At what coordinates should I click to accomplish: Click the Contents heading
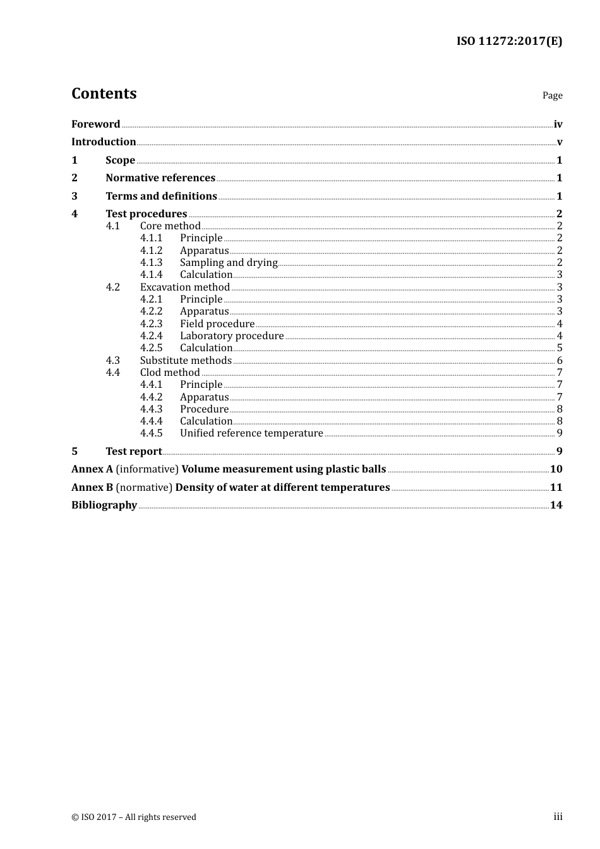click(104, 93)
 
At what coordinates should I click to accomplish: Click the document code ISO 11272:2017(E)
click(509, 41)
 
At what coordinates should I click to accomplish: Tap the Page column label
click(552, 95)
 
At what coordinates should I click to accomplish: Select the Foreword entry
click(95, 124)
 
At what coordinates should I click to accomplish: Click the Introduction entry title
click(104, 141)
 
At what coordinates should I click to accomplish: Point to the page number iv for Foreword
click(558, 124)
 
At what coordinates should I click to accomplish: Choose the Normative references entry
click(160, 178)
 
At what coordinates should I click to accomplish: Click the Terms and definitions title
click(161, 196)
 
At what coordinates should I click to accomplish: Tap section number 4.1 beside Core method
click(112, 226)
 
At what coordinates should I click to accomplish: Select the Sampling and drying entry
click(229, 262)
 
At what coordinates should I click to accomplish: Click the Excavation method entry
click(184, 287)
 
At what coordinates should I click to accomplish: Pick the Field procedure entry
click(217, 323)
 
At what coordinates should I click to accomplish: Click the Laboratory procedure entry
click(232, 335)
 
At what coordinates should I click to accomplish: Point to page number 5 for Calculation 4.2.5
click(560, 348)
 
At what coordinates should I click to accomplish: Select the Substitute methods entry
click(186, 360)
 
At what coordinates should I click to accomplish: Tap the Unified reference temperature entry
click(251, 433)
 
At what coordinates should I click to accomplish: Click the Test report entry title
click(134, 451)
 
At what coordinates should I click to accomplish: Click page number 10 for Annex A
click(556, 469)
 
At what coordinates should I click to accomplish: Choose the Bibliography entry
click(104, 505)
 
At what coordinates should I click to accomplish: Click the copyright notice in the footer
click(134, 817)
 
